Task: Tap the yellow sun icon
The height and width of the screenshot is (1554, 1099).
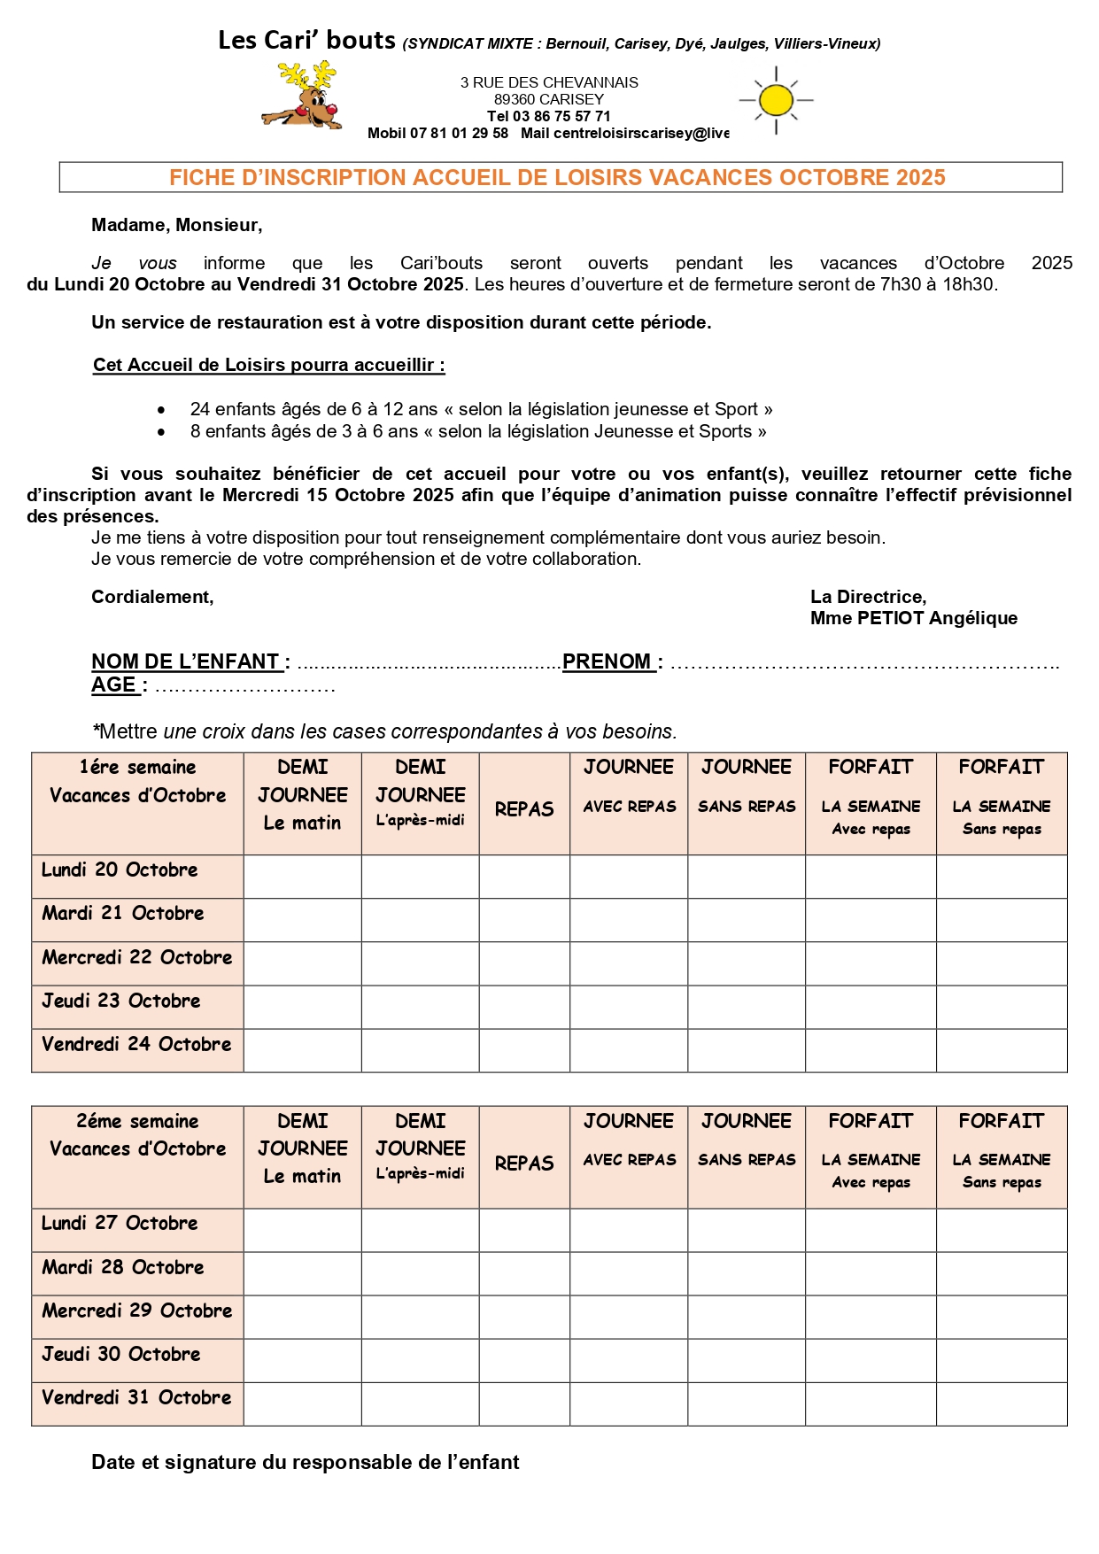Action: [x=776, y=100]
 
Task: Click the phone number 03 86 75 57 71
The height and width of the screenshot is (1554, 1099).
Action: [x=561, y=116]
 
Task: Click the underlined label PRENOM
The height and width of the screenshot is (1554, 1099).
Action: [x=607, y=661]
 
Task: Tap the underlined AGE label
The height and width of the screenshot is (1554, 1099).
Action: [x=113, y=684]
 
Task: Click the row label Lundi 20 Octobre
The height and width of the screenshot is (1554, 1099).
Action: [x=120, y=870]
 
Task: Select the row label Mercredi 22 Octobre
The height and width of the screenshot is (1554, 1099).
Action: [x=136, y=957]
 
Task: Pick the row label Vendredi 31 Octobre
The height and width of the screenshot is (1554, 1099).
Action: [x=136, y=1397]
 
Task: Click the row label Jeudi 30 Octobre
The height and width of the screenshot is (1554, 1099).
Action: [x=121, y=1354]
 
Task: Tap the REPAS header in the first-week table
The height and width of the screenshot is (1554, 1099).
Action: [x=524, y=808]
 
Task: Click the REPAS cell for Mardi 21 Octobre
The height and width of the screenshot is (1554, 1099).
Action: [x=524, y=920]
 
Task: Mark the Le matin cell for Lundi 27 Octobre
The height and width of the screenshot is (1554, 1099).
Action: [x=302, y=1230]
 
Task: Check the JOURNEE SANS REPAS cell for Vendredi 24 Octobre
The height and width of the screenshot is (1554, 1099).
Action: [x=747, y=1050]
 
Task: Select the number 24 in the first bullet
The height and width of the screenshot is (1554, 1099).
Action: [x=199, y=409]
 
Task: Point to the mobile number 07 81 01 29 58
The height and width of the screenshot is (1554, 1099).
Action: [x=459, y=133]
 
